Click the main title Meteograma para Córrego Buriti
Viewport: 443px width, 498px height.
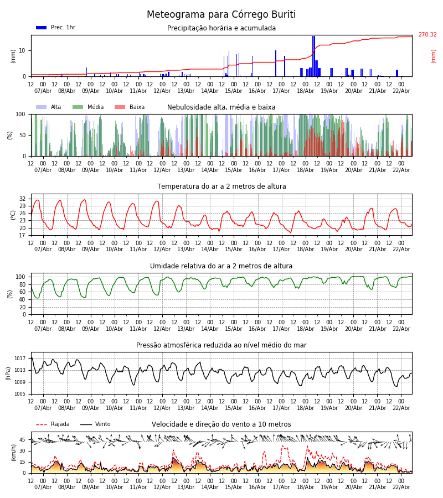pos(221,15)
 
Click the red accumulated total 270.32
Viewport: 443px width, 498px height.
pos(427,35)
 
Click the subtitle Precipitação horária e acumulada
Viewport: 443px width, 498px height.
pos(221,28)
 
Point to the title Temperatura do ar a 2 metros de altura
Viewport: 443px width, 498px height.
pos(221,186)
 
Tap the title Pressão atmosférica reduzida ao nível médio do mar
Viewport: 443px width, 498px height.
pos(221,345)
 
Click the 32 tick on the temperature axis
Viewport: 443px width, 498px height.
pos(22,199)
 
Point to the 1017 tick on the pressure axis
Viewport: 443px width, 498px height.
pos(20,359)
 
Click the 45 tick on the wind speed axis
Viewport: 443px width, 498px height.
pos(22,440)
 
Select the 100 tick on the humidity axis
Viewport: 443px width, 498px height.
pos(20,277)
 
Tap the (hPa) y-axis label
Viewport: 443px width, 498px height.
pos(9,373)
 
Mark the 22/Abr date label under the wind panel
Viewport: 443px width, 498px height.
pos(401,487)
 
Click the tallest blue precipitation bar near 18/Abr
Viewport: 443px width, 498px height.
pos(313,55)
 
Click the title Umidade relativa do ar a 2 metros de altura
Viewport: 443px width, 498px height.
pos(221,266)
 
